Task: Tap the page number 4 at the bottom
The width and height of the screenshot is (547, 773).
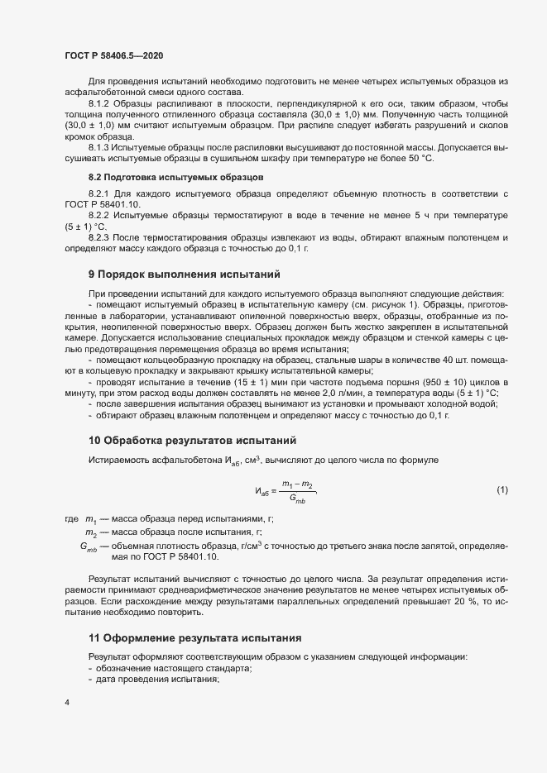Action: [66, 703]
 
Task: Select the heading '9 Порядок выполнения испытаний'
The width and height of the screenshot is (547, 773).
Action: [185, 273]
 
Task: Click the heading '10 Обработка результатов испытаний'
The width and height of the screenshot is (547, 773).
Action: [192, 439]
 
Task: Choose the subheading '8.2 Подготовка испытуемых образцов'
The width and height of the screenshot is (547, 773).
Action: [159, 177]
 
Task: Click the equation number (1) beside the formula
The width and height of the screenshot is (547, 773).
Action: [501, 491]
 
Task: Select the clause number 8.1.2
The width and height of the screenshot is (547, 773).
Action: [102, 103]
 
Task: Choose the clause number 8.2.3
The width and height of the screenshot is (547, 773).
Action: [102, 237]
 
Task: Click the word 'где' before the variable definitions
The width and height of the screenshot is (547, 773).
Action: [71, 518]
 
